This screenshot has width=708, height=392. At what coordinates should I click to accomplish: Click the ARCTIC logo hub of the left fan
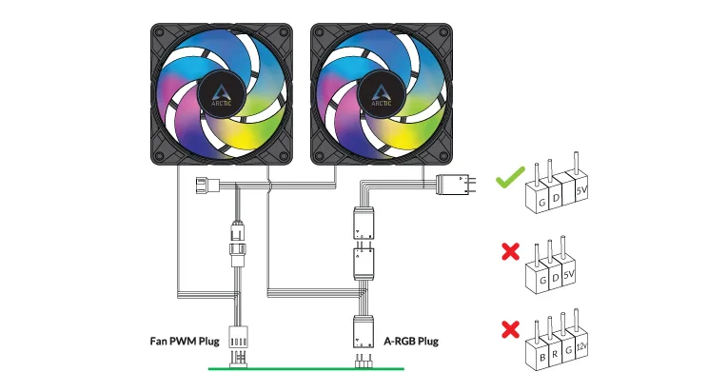point(221,95)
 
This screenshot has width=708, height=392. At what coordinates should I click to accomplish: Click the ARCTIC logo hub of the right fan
point(381,95)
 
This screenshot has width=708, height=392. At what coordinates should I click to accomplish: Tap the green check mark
point(510,177)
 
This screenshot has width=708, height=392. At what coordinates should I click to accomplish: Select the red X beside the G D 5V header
point(511,251)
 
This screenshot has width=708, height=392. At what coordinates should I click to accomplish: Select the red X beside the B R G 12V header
point(511,329)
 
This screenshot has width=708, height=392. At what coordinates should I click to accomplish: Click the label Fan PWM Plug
point(185,341)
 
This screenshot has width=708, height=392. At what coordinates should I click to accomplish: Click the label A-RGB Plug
point(411,341)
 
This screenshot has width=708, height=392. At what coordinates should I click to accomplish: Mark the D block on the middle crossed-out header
point(555,277)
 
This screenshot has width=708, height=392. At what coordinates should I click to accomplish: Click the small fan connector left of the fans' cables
point(207,186)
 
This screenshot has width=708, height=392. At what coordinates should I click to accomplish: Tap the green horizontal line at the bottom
point(305,369)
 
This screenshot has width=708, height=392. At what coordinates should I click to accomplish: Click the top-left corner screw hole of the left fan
point(160,32)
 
